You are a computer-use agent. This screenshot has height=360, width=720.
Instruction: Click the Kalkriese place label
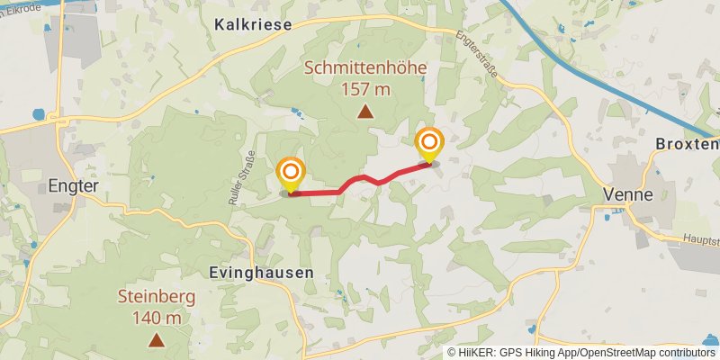(254, 25)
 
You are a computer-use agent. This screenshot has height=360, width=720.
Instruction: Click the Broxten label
(688, 144)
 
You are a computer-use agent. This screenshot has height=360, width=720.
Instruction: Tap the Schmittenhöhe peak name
(365, 68)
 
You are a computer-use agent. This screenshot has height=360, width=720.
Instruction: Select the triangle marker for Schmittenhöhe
(365, 112)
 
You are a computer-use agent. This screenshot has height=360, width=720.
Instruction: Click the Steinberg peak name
(156, 296)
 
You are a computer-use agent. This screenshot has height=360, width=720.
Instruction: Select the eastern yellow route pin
(429, 145)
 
